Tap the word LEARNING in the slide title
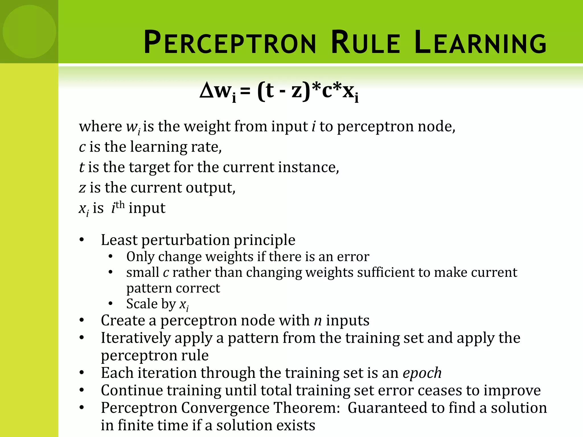click(x=481, y=43)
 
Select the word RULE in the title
click(x=366, y=43)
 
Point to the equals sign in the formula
click(x=245, y=92)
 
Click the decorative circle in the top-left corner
click(x=29, y=32)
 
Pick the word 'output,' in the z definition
click(x=211, y=188)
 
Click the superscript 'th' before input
click(x=120, y=205)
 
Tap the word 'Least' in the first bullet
click(x=119, y=240)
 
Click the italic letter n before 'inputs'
click(x=318, y=321)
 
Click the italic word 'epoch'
click(x=422, y=373)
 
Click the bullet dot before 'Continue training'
click(x=82, y=390)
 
